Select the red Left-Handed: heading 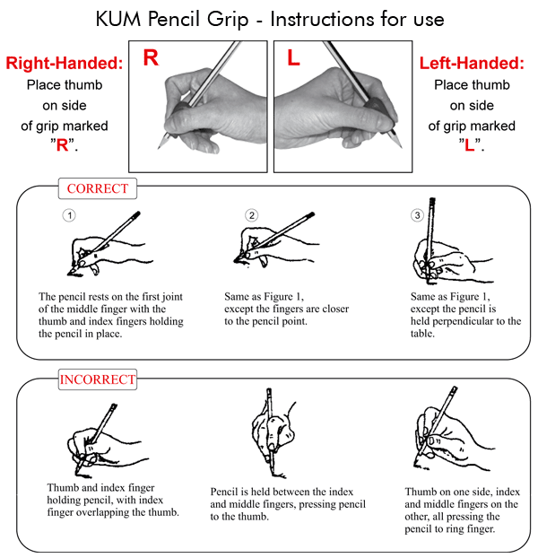472,64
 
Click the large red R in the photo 151,59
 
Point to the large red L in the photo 293,59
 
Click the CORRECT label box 98,189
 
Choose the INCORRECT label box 98,379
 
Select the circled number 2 252,215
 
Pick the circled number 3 417,215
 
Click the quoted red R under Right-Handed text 62,145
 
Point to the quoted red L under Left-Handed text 470,145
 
